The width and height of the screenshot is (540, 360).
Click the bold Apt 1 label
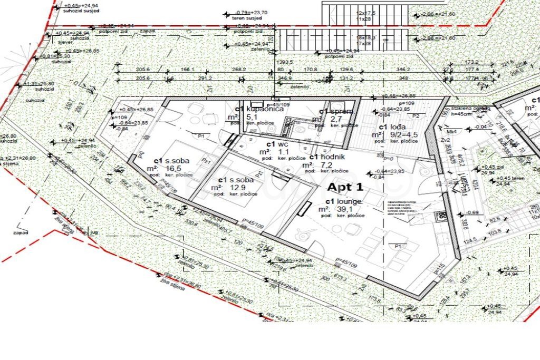(x=346, y=187)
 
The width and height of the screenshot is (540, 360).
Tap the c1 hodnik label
(x=327, y=157)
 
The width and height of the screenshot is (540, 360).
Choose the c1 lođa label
(x=391, y=127)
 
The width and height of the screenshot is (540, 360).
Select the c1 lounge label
(x=342, y=202)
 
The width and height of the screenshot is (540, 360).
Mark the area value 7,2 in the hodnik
(x=323, y=164)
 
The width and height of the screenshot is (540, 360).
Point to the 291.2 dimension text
(x=205, y=78)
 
